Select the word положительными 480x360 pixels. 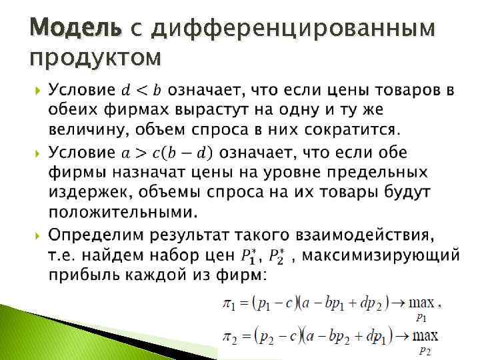pyautogui.click(x=123, y=213)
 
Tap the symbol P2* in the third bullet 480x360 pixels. pyautogui.click(x=279, y=255)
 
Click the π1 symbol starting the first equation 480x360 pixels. pyautogui.click(x=229, y=305)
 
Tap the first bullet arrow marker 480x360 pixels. pyautogui.click(x=35, y=90)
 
